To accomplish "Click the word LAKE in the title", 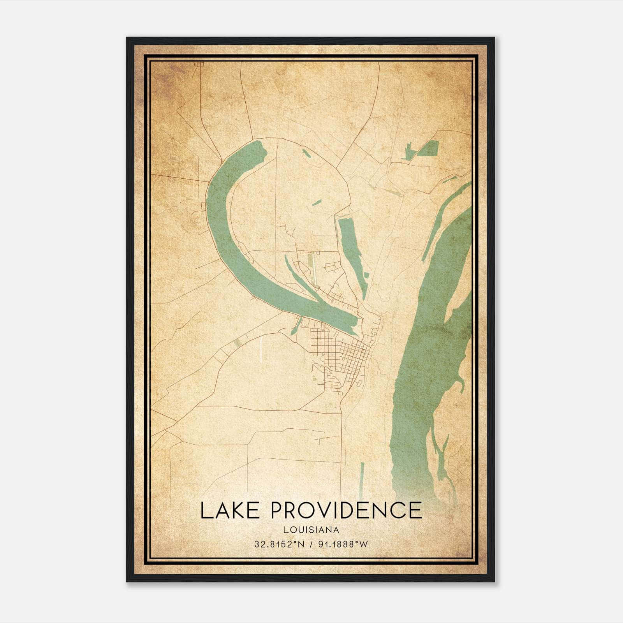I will coord(229,510).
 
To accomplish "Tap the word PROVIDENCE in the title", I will coord(346,510).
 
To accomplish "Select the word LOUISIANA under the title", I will coord(311,530).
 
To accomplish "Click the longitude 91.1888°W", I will coord(343,544).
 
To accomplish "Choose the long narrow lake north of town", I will coord(352,249).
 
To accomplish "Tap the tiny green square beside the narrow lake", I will coord(366,275).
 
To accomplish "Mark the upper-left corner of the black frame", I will coord(127,38).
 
